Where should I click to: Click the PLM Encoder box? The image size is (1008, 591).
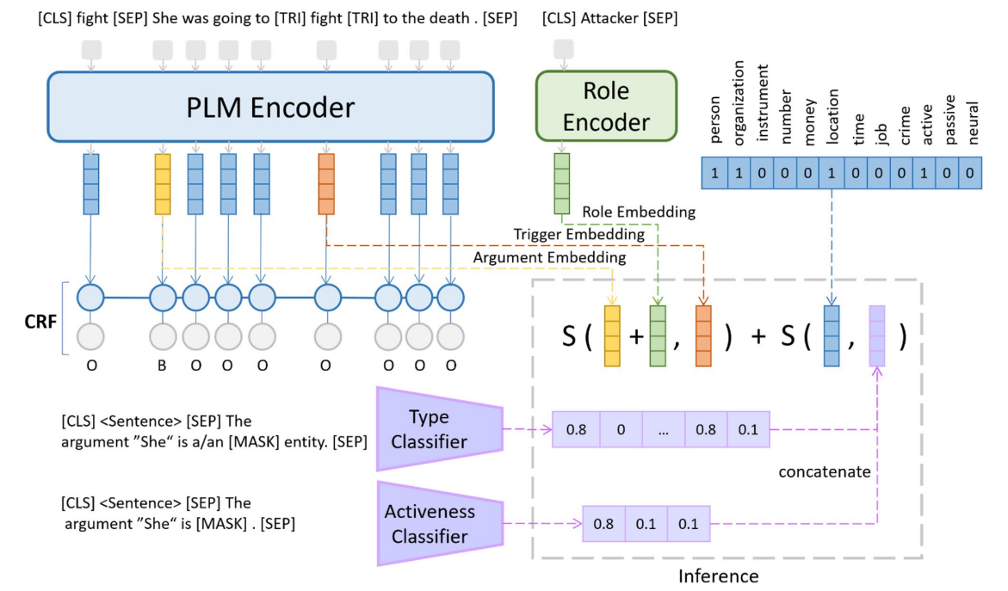coord(270,107)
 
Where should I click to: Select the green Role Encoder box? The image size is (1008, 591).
coord(606,106)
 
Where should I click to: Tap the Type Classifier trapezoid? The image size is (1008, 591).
coord(440,429)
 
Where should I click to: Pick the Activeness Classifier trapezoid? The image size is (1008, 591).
coord(440,524)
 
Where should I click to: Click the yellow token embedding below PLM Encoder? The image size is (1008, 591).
coord(163,184)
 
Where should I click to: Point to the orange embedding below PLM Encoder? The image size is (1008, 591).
coord(326,184)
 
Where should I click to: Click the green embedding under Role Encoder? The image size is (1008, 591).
coord(562,184)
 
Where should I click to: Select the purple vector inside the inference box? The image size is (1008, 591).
coord(877,336)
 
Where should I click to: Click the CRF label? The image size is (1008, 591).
coord(40,321)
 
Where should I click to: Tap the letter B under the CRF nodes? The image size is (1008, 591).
coord(162,366)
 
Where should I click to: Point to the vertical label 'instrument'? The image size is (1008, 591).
coord(762,102)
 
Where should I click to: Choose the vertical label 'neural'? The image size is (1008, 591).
coord(973,122)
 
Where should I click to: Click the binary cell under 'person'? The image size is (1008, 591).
coord(714,173)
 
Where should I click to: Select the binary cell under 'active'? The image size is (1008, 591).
coord(924,173)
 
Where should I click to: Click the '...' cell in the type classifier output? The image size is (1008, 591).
coord(664,430)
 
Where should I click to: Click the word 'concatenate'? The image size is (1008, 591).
coord(825,471)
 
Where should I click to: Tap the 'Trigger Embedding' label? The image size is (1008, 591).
coord(578,235)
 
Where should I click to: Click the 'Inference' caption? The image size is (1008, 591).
coord(718,576)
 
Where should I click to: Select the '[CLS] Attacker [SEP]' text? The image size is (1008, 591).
coord(609,18)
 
